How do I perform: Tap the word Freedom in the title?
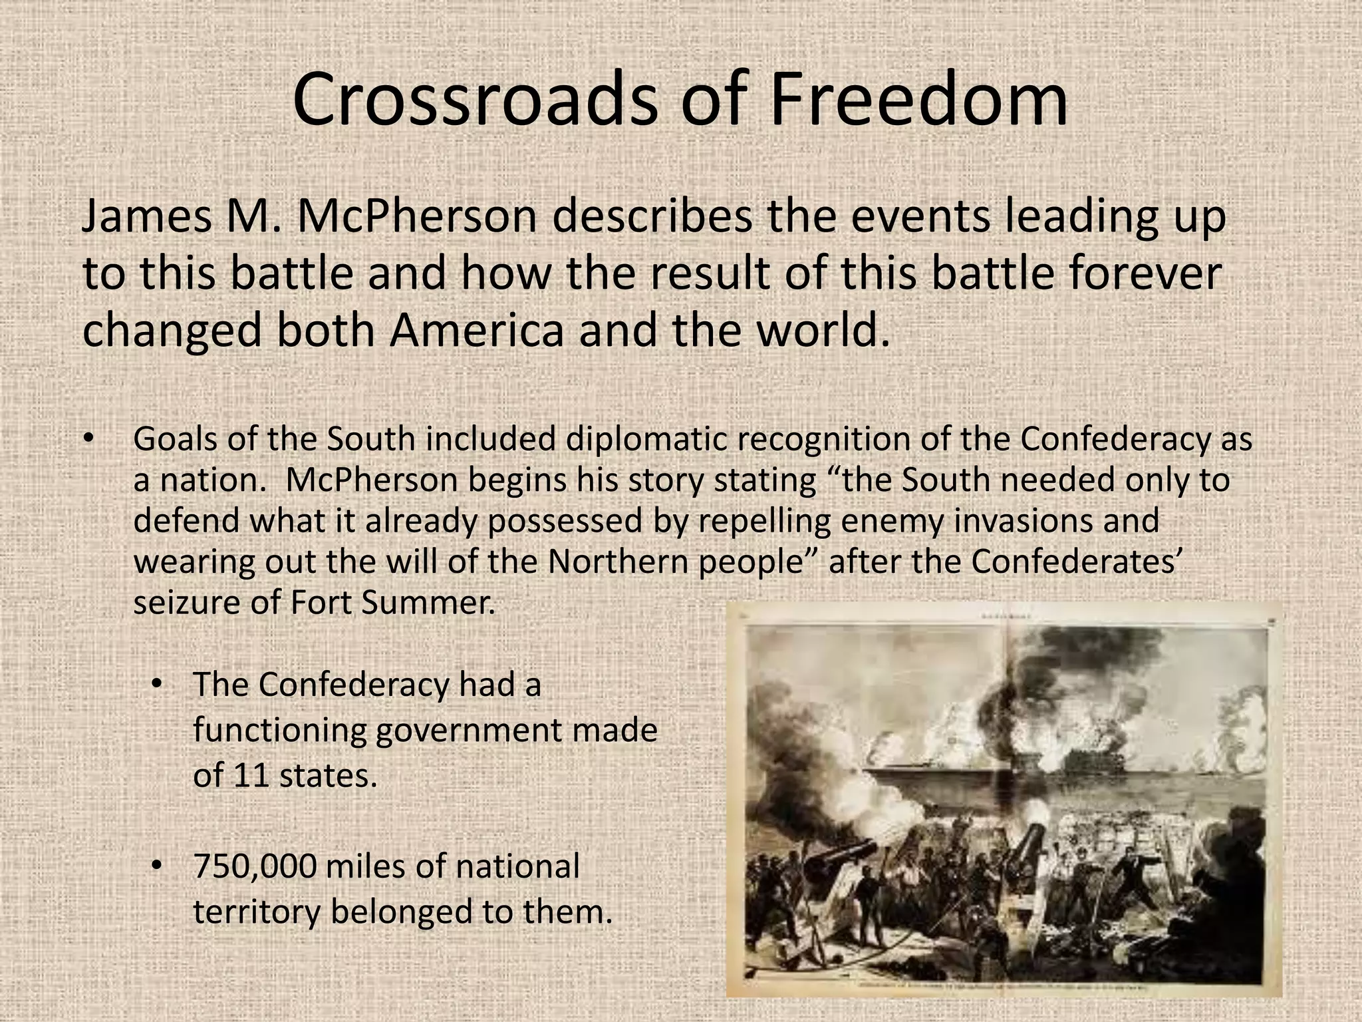tap(917, 100)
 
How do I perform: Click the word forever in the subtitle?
tap(1139, 273)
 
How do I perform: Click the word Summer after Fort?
tap(428, 603)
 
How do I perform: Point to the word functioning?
tap(279, 731)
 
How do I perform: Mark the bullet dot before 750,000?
tap(157, 866)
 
